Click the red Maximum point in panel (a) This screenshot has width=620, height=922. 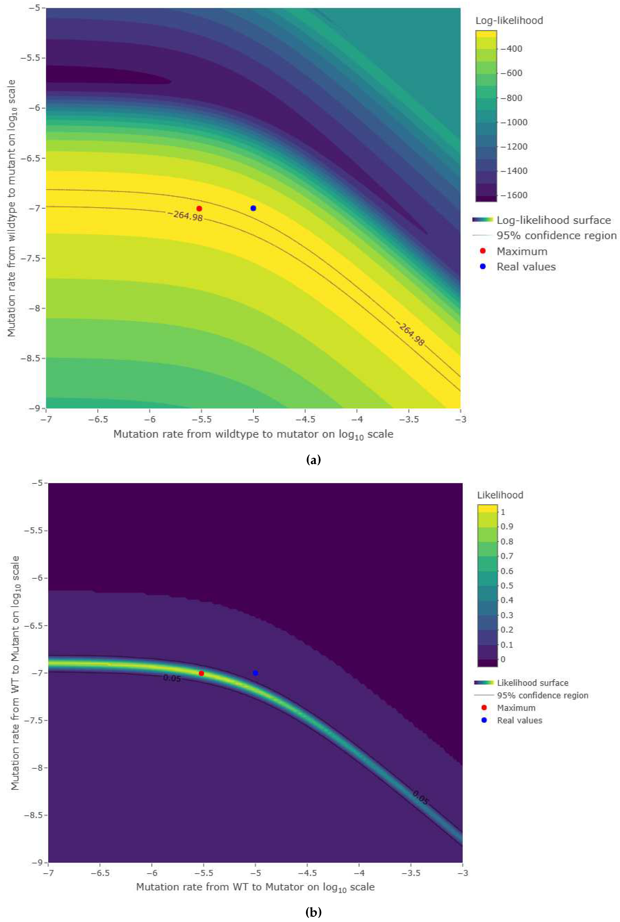(x=199, y=208)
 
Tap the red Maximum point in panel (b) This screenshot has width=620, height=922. (x=201, y=673)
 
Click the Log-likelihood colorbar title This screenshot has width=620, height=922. (x=509, y=21)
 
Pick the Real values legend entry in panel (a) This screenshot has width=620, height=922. (x=526, y=267)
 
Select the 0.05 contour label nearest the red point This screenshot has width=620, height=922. (x=172, y=678)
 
